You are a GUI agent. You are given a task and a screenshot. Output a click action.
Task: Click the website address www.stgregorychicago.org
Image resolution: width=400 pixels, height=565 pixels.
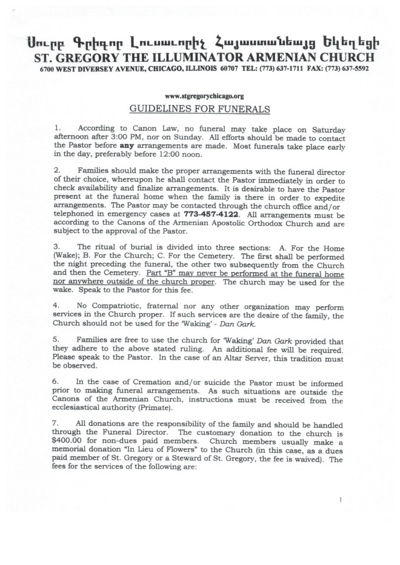point(199,96)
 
